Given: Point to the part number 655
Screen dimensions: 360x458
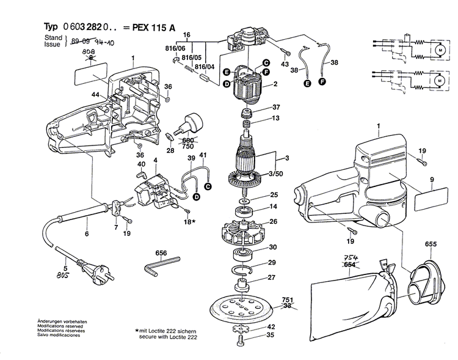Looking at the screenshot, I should point(431,244).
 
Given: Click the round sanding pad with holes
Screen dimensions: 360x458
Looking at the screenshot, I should point(242,309).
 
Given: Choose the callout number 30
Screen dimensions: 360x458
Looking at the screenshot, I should point(273,247).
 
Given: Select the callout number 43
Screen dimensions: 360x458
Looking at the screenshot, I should point(285,65).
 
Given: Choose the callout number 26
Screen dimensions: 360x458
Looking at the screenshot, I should point(273,221).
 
